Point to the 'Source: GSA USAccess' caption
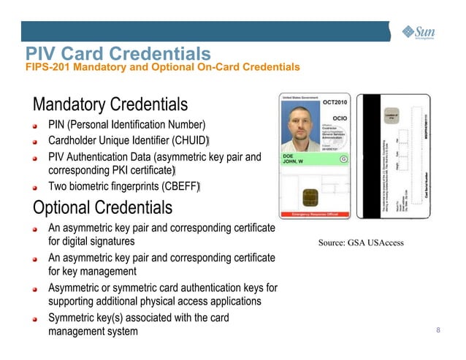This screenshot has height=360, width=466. [x=361, y=242]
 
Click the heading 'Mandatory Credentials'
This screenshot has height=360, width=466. [x=110, y=104]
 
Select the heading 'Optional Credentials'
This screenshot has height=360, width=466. [x=102, y=207]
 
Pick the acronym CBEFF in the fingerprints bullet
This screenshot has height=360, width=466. [x=180, y=188]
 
